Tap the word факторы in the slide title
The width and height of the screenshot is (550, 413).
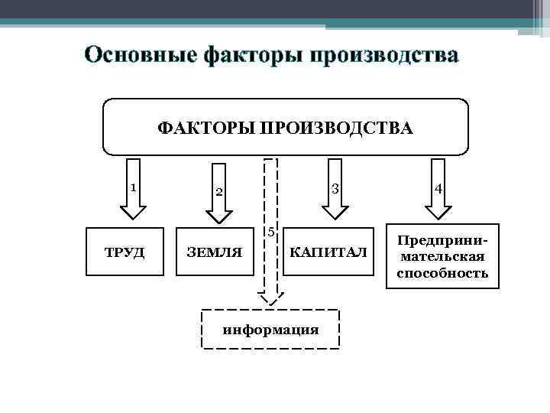pos(244,55)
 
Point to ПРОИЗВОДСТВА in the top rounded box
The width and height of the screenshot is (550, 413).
pos(336,127)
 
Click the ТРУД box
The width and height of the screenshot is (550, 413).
pos(124,252)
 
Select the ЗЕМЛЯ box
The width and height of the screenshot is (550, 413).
pos(215,252)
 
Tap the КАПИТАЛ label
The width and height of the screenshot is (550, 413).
pos(328,252)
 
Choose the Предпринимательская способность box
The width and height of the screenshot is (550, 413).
pos(442,256)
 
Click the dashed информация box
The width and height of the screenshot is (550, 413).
pos(270,330)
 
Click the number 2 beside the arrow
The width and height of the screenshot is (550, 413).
pos(218,191)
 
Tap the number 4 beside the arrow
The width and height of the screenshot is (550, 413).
pos(438,187)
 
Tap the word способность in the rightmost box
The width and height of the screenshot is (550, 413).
pos(442,272)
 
